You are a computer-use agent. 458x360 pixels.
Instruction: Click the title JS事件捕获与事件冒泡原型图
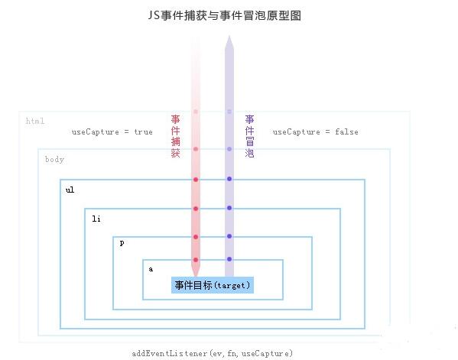click(x=224, y=15)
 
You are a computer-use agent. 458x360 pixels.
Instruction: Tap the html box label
click(x=35, y=121)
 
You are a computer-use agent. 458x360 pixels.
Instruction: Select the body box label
click(x=54, y=160)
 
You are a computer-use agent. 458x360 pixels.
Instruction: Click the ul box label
click(x=70, y=190)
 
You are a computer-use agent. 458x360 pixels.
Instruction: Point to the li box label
click(x=96, y=219)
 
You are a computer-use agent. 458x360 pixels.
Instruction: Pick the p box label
click(x=122, y=243)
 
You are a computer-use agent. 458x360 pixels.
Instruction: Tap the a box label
click(x=151, y=269)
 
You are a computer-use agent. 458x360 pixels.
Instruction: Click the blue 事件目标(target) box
click(x=213, y=285)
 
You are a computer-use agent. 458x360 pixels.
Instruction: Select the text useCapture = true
click(x=112, y=132)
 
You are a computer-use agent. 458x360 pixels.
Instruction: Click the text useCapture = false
click(x=316, y=132)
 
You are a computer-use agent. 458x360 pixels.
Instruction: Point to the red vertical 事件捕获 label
click(x=176, y=136)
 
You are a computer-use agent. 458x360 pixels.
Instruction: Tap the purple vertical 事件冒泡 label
click(x=249, y=136)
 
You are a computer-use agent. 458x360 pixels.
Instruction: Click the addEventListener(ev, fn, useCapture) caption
click(x=213, y=354)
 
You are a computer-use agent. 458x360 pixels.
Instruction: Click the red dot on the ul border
click(x=196, y=180)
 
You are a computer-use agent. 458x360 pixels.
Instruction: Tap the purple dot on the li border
click(x=229, y=208)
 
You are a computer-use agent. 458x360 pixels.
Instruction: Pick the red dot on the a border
click(x=196, y=260)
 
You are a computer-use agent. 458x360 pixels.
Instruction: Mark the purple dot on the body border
click(x=229, y=149)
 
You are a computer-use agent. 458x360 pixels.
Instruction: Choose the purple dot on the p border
click(x=229, y=236)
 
